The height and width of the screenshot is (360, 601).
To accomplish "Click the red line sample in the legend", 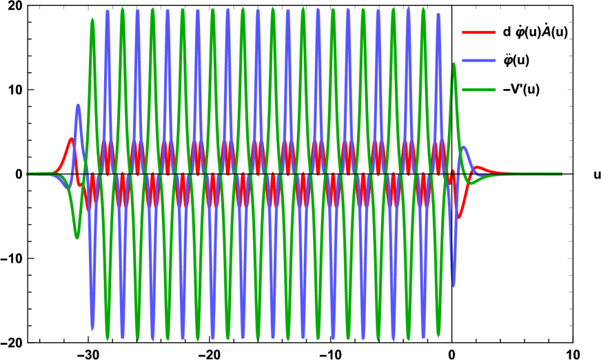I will [478, 32].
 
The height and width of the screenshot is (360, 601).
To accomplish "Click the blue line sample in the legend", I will [478, 61].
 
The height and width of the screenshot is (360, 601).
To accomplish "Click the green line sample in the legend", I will [478, 90].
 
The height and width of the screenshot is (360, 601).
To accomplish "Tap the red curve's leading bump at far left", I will [70, 141].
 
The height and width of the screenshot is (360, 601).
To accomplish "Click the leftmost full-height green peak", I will [92, 20].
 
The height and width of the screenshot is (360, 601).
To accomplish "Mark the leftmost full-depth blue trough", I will [92, 329].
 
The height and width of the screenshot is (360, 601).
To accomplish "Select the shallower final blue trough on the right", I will [453, 285].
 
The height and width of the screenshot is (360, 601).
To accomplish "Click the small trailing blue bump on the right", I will [465, 148].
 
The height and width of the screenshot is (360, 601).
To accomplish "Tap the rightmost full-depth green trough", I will [438, 335].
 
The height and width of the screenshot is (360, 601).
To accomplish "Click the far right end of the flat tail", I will [561, 174].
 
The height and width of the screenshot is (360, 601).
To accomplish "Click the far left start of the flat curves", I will [28, 174].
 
